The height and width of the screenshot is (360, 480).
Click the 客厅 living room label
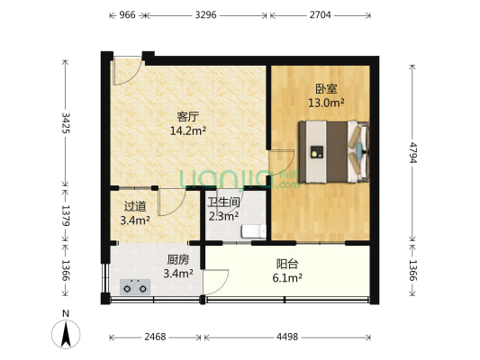[x=187, y=116]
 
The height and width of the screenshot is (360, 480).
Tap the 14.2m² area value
[x=187, y=130]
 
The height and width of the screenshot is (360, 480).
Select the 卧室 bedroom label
[x=326, y=88]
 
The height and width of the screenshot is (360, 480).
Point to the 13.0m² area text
[x=326, y=103]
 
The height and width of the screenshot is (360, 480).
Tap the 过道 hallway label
[x=134, y=205]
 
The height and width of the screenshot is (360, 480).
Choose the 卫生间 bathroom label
[x=222, y=202]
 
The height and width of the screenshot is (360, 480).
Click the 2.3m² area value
[x=222, y=216]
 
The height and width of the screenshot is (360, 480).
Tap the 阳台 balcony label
[x=288, y=265]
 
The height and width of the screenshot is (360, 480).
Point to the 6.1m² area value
[x=288, y=279]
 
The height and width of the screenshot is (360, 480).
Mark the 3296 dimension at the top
[x=206, y=15]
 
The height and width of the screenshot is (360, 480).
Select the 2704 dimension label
[x=320, y=15]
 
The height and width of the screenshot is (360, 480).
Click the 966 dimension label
[x=127, y=15]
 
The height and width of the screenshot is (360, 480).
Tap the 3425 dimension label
[x=65, y=123]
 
